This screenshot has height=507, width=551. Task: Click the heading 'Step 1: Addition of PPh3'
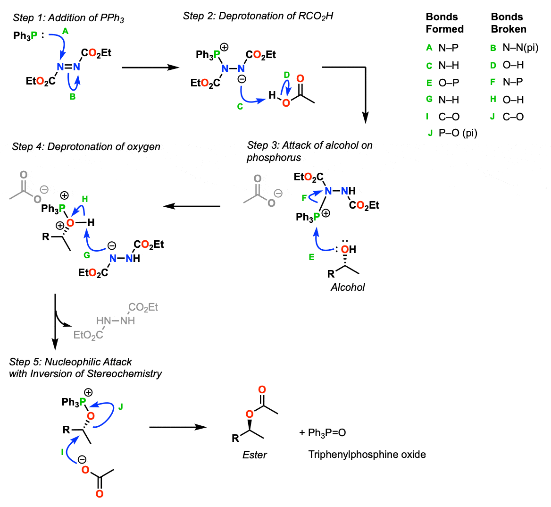pos(68,18)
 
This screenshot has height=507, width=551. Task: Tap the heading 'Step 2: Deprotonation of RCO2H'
pos(258,17)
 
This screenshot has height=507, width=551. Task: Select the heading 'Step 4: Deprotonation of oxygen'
pos(86,147)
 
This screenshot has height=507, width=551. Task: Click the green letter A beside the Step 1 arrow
pos(65,31)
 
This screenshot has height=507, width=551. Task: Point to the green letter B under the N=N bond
pos(72,97)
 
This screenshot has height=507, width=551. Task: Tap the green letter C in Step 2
pos(240,107)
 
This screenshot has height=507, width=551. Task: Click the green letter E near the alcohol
pos(311,257)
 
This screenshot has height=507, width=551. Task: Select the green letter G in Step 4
pos(86,255)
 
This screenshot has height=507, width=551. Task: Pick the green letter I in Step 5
pos(62,452)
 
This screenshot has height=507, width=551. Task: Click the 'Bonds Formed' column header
pos(444,23)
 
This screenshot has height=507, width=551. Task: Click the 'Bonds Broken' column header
pos(508,23)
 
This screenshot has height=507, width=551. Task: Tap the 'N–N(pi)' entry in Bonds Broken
pos(520,48)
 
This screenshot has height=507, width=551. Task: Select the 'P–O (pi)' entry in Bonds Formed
pos(458,134)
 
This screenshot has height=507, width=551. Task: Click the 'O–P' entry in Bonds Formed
pos(449,83)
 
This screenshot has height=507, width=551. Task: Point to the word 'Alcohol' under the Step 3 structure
pos(348,287)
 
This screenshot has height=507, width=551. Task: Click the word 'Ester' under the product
pos(255,455)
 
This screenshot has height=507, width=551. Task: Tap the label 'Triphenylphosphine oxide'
pos(367,455)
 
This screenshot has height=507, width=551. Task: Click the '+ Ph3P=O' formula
pos(323,433)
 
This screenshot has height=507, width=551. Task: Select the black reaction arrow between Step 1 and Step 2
pos(150,68)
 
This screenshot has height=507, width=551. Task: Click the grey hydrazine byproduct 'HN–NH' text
pos(116,321)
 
